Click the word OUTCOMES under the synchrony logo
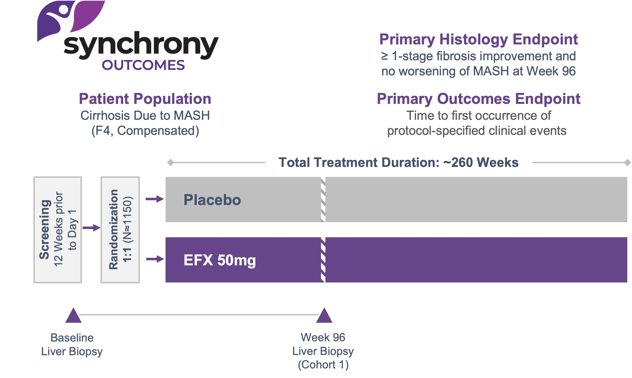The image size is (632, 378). [143, 65]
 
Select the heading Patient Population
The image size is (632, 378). [145, 99]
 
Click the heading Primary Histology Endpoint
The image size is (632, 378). [478, 39]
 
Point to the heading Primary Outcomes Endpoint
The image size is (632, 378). [478, 99]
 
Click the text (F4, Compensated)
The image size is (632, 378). [145, 131]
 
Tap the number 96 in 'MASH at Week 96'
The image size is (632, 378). [569, 71]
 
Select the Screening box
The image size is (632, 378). [58, 230]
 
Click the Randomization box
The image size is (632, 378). [120, 230]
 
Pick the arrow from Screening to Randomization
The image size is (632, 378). [92, 228]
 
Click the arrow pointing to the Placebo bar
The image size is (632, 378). [155, 199]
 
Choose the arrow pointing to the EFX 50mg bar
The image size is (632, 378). [155, 259]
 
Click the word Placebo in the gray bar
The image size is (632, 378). [212, 200]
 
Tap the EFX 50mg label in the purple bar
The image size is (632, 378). [220, 260]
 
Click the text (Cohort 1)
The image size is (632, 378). [323, 365]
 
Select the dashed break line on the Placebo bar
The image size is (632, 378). [323, 200]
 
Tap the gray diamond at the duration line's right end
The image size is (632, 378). [627, 163]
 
